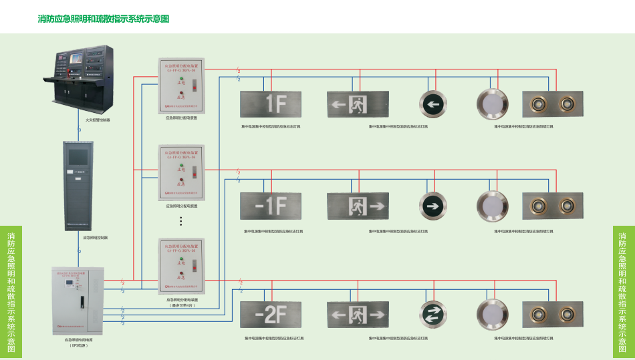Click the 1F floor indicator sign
[271, 104]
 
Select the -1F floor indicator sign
[271, 206]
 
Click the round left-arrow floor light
[433, 104]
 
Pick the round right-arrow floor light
[433, 206]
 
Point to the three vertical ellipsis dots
[180, 222]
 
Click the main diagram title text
[104, 19]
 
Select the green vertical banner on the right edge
[622, 292]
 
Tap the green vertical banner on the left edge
[11, 292]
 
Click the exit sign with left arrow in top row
[357, 104]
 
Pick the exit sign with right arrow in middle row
[357, 206]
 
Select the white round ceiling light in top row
[493, 104]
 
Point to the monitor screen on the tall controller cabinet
[79, 156]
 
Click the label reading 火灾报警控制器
[98, 120]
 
